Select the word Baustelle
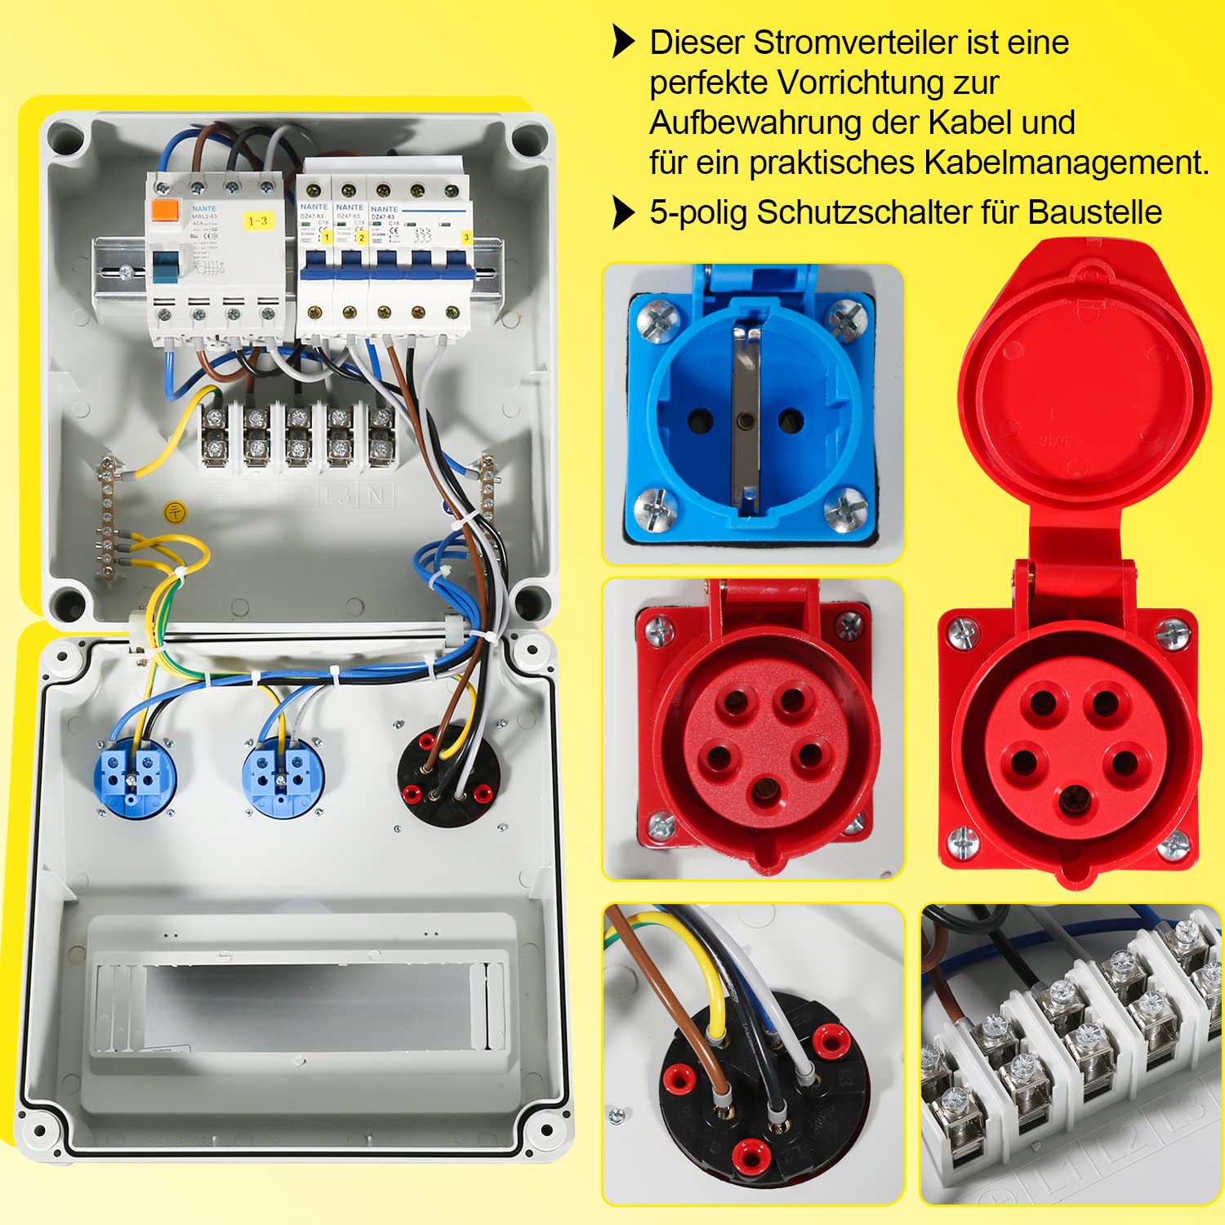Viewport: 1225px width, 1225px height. point(1094,212)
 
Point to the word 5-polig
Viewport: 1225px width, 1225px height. point(697,212)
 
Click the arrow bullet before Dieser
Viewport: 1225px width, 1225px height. point(624,42)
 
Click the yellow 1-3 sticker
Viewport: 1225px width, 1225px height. point(258,220)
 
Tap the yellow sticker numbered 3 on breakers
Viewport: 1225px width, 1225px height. point(466,238)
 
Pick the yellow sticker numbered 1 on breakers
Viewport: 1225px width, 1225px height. point(325,237)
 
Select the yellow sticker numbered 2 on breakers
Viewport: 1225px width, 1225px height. point(361,238)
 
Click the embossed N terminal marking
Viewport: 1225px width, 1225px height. point(376,495)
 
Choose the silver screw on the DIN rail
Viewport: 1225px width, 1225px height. point(127,272)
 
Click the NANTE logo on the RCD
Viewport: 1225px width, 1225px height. point(203,209)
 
